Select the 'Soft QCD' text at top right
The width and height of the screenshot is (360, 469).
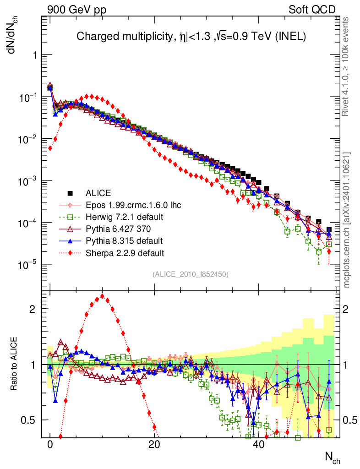(312, 9)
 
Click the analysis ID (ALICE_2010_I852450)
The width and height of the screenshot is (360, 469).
(191, 274)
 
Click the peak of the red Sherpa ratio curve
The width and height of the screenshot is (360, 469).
(102, 296)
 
